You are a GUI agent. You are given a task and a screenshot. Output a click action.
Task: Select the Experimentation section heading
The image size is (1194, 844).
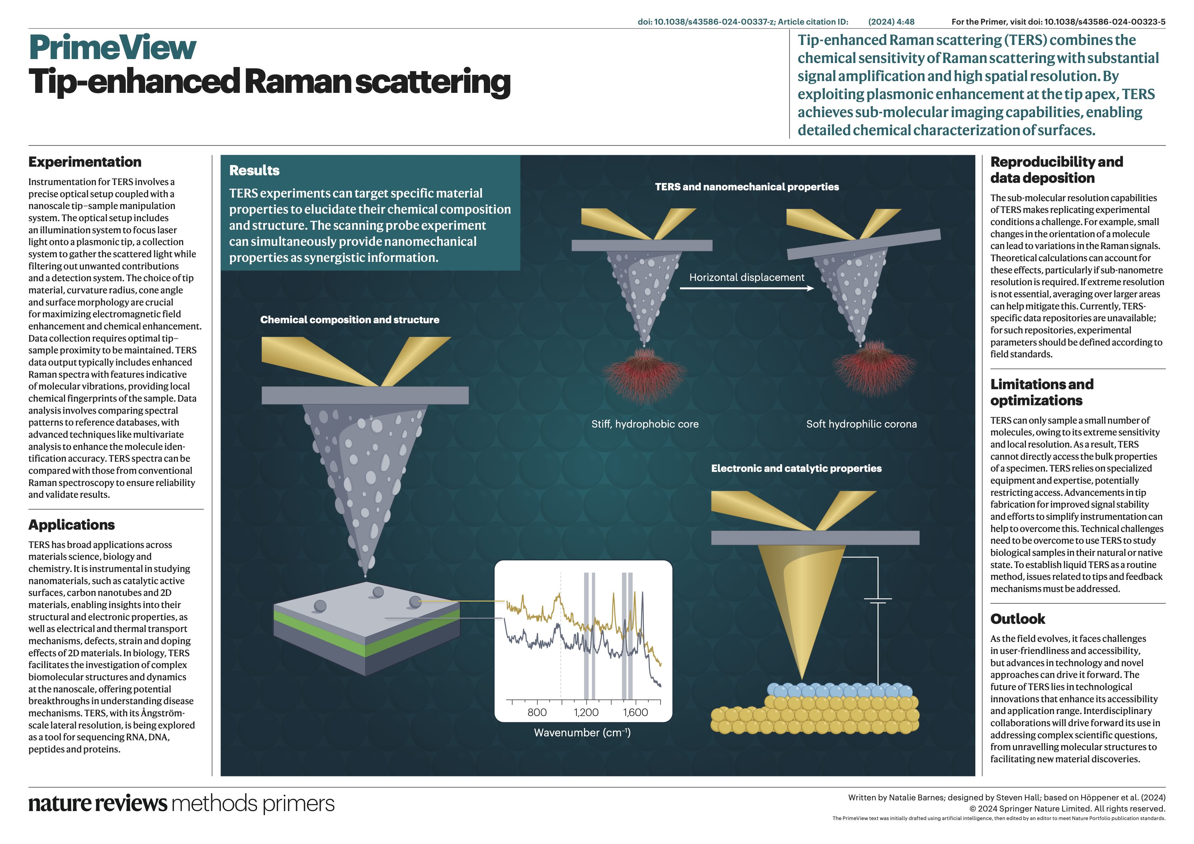[85, 162]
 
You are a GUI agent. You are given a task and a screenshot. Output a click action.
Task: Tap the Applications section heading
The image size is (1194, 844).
[72, 525]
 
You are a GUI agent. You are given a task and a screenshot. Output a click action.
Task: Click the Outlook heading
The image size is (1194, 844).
[1018, 619]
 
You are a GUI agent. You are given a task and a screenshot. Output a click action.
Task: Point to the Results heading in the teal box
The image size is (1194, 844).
[254, 170]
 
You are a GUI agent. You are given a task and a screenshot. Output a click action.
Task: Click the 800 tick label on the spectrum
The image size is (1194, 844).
[537, 712]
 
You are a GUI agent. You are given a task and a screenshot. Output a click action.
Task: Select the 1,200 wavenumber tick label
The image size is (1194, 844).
[586, 712]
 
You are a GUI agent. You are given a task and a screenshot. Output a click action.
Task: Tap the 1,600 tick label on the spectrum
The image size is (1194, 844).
[636, 712]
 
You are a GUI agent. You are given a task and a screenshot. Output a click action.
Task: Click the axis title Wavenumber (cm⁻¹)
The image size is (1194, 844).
[582, 733]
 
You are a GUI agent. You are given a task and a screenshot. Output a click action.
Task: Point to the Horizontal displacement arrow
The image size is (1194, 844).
[747, 288]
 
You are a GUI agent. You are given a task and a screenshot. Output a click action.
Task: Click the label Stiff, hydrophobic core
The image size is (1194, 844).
[645, 424]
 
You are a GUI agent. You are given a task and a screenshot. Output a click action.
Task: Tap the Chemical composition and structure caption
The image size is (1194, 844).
[349, 320]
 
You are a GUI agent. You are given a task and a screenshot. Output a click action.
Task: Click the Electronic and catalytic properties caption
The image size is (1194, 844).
[796, 468]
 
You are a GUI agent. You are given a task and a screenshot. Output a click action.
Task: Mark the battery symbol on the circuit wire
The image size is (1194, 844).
[878, 601]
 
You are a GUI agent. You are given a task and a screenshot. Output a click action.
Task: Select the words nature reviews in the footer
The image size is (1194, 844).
[98, 803]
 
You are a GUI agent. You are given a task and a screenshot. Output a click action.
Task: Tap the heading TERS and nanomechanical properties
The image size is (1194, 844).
[747, 187]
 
